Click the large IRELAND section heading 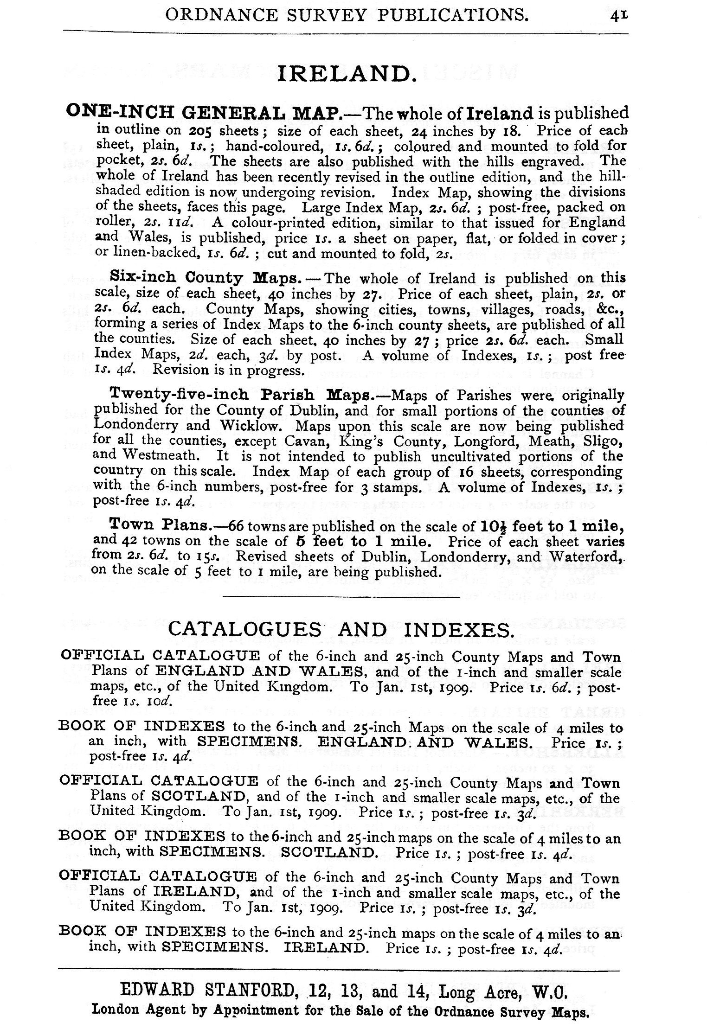point(344,74)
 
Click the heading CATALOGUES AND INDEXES point(341,629)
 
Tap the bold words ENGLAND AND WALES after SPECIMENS point(424,743)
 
